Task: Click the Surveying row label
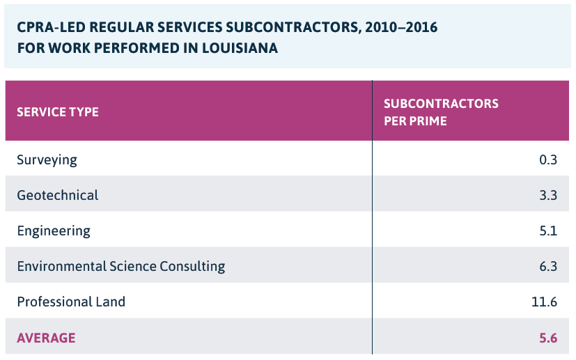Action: point(47,159)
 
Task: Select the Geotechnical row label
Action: point(58,195)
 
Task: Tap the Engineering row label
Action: point(54,230)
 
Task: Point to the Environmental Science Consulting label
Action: point(121,266)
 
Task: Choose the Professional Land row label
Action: point(71,302)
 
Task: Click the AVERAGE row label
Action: point(46,338)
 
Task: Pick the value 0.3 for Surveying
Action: point(548,159)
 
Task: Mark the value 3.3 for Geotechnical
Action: point(548,195)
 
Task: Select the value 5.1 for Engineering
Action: point(548,230)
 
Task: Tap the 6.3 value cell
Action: point(548,266)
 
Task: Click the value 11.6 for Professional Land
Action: point(544,302)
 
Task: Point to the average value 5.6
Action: point(548,338)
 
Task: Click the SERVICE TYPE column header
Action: point(58,111)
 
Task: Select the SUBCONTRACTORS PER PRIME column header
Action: point(441,111)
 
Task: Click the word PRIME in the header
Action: point(428,120)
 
